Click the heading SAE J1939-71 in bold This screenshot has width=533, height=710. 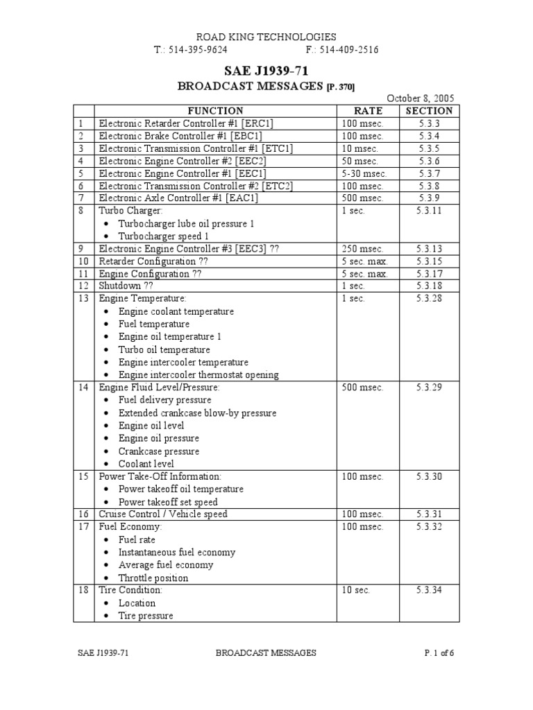[266, 71]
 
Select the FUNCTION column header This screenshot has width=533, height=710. [215, 111]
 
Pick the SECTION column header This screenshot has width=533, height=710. [429, 111]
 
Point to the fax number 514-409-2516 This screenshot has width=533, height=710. [342, 51]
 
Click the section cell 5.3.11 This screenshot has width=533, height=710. [429, 211]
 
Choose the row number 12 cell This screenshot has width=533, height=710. [84, 286]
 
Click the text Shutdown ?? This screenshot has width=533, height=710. [125, 286]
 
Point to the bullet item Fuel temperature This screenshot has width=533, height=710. [154, 324]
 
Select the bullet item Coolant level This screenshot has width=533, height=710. [146, 464]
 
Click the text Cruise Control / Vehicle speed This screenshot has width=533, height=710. [163, 514]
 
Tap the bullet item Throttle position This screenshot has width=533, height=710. [153, 578]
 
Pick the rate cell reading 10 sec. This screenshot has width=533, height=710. [356, 590]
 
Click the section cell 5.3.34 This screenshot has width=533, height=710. [429, 590]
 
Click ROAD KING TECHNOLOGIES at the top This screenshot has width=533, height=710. [266, 37]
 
